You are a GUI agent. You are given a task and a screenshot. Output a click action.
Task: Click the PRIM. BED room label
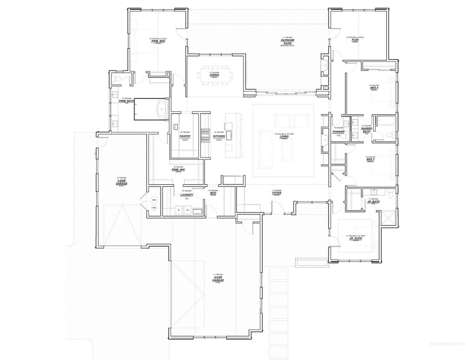[158, 41]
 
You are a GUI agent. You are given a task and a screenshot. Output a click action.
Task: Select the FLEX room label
[355, 40]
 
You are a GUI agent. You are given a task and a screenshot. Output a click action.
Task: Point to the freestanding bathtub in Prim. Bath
[161, 110]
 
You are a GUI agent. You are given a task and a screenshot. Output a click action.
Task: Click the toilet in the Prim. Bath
[117, 80]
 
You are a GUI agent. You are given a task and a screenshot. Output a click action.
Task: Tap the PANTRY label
[185, 137]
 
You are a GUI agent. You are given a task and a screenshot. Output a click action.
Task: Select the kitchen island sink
[230, 134]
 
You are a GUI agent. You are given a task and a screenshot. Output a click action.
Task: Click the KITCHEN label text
[219, 136]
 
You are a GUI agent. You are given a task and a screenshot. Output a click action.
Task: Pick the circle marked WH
[154, 200]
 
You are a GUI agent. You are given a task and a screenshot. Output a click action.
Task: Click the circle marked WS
[154, 208]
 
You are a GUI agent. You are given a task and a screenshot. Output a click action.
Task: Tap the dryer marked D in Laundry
[178, 210]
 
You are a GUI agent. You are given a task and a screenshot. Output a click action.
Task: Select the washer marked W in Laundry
[187, 210]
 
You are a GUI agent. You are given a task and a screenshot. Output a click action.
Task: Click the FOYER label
[277, 193]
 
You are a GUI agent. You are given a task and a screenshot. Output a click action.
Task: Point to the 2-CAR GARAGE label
[218, 279]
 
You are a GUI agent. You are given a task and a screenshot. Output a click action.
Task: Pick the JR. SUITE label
[355, 238]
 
